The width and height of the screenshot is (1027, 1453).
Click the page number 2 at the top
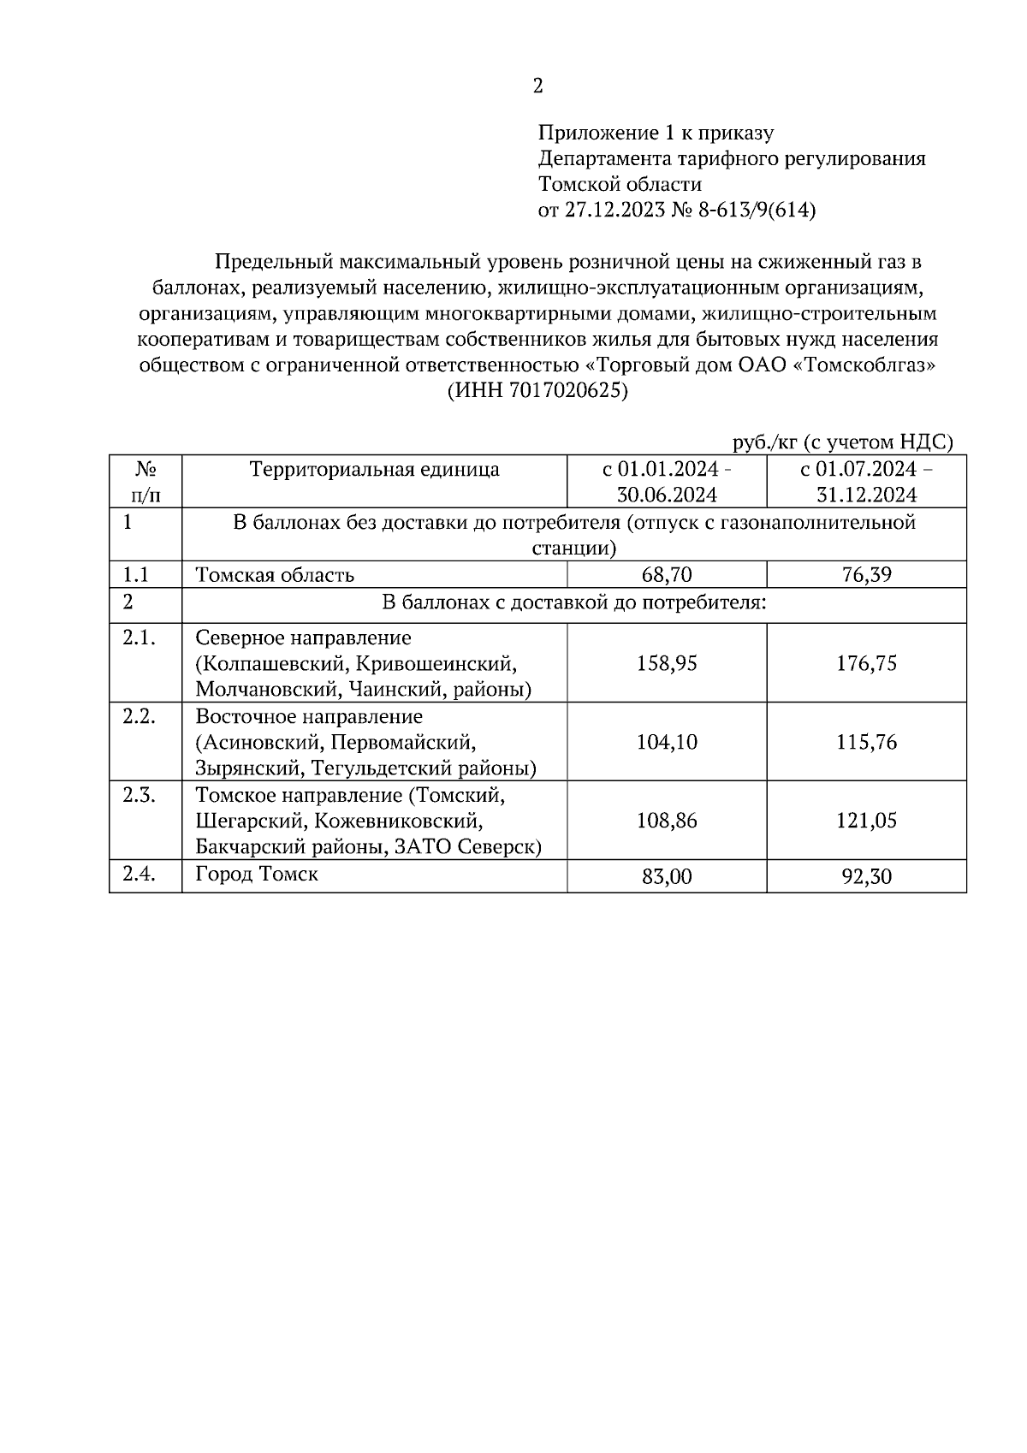[537, 86]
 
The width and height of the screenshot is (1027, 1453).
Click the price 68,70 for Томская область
[667, 575]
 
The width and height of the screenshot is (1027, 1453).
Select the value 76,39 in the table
[866, 575]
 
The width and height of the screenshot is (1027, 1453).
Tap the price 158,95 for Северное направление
[667, 663]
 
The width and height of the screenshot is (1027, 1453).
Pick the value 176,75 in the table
[866, 663]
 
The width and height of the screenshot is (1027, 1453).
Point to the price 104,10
[667, 742]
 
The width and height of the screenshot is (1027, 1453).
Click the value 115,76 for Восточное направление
[866, 742]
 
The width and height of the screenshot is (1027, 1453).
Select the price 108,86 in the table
[667, 821]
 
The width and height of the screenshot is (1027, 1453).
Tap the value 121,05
[866, 821]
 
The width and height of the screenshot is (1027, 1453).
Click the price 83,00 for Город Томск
[667, 876]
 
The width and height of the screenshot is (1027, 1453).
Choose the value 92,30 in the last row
[866, 876]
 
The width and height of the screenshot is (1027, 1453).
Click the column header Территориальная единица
[374, 469]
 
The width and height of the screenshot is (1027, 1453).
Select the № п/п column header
[145, 482]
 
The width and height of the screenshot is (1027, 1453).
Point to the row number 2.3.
[139, 796]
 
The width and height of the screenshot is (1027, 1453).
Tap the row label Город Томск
[257, 875]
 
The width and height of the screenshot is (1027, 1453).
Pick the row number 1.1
[135, 575]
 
